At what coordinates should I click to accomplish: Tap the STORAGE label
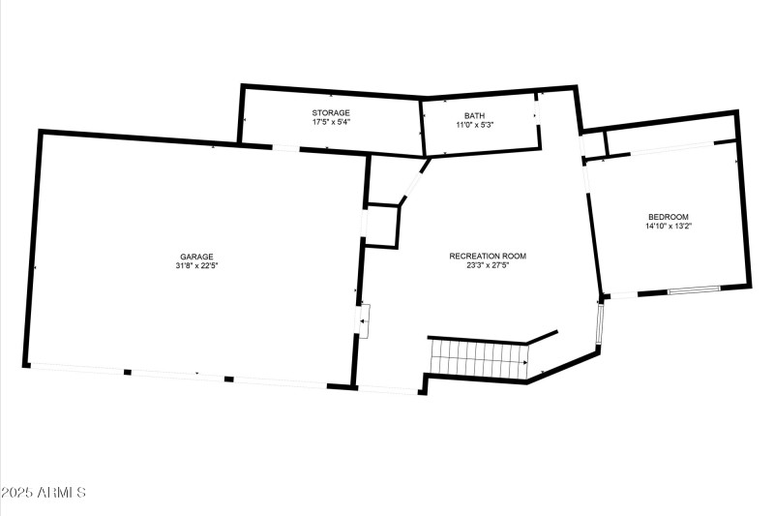[330, 113]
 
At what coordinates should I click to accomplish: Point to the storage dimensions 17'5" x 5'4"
[330, 124]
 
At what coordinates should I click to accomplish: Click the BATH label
[474, 115]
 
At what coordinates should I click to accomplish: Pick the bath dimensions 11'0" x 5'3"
[474, 125]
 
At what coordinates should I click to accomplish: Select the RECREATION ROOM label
[487, 256]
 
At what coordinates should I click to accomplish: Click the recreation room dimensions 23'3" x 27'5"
[487, 266]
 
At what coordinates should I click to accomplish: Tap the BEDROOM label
[669, 216]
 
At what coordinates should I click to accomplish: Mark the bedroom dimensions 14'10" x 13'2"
[669, 226]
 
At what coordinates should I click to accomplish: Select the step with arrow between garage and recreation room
[364, 320]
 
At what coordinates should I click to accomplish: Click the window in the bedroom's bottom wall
[695, 288]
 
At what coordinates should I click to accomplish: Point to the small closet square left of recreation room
[381, 226]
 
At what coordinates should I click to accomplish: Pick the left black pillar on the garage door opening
[127, 372]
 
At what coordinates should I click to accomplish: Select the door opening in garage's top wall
[285, 148]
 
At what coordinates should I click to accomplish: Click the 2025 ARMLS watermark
[44, 493]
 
